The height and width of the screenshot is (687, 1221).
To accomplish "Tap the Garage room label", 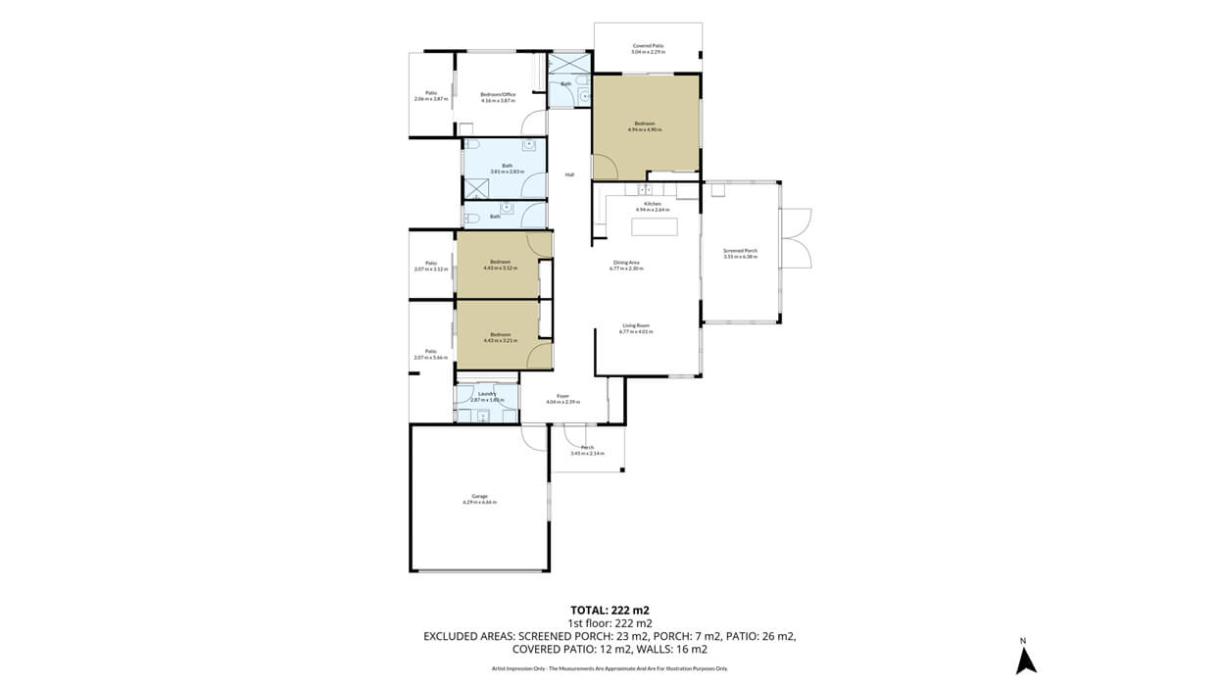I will pyautogui.click(x=479, y=499).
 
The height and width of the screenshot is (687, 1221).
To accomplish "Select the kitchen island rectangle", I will pyautogui.click(x=655, y=227).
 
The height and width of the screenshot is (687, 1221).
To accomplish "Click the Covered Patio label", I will pyautogui.click(x=648, y=46).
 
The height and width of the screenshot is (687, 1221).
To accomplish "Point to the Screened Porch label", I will pyautogui.click(x=740, y=251).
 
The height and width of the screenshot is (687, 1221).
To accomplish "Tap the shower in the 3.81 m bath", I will pyautogui.click(x=477, y=188).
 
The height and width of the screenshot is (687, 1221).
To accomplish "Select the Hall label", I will pyautogui.click(x=569, y=175).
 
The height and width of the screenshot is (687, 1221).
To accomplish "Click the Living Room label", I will pyautogui.click(x=636, y=325).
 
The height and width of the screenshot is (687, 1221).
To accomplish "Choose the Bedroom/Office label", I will pyautogui.click(x=498, y=94).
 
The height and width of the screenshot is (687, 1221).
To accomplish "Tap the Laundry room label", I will pyautogui.click(x=487, y=394).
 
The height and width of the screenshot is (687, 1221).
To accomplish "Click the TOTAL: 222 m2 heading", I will pyautogui.click(x=610, y=609).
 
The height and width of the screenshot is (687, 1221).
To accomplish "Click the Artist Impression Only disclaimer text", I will pyautogui.click(x=610, y=668).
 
